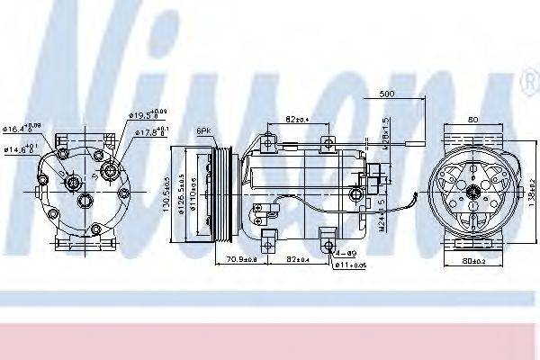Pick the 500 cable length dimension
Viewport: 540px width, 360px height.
[388, 94]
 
